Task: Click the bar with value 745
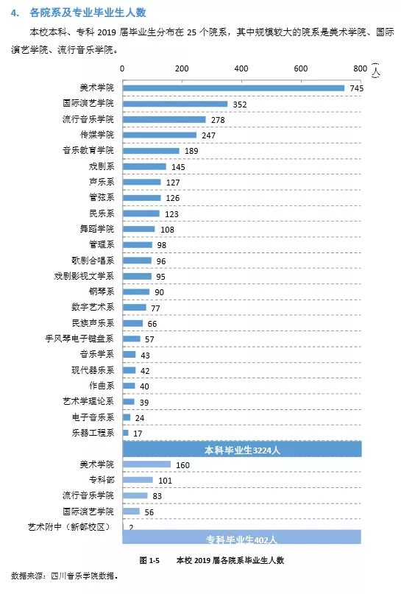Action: pyautogui.click(x=233, y=88)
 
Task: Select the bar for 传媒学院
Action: pyautogui.click(x=159, y=135)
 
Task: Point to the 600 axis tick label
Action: pyautogui.click(x=300, y=68)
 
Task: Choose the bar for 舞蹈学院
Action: pyautogui.click(x=138, y=229)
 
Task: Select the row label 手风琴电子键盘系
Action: pyautogui.click(x=80, y=339)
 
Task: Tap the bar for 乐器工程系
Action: pyautogui.click(x=125, y=433)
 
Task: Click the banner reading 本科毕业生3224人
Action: pyautogui.click(x=242, y=449)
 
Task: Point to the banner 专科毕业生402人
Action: pyautogui.click(x=242, y=537)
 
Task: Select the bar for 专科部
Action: pyautogui.click(x=138, y=480)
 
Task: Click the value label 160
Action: pyautogui.click(x=183, y=465)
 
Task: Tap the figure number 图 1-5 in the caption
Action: pyautogui.click(x=149, y=560)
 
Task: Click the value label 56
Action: pyautogui.click(x=150, y=512)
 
